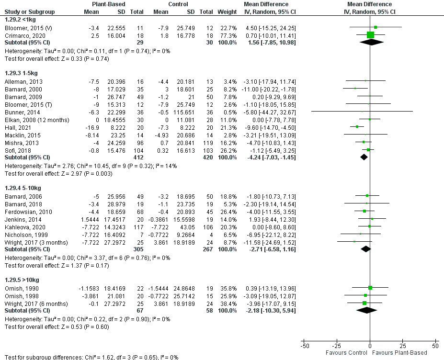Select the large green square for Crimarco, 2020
point(370,35)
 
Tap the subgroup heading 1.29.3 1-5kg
point(21,73)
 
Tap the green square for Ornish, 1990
point(370,288)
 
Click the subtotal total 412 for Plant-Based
point(137,157)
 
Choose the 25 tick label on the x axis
point(402,346)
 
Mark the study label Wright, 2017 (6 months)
point(30,304)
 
